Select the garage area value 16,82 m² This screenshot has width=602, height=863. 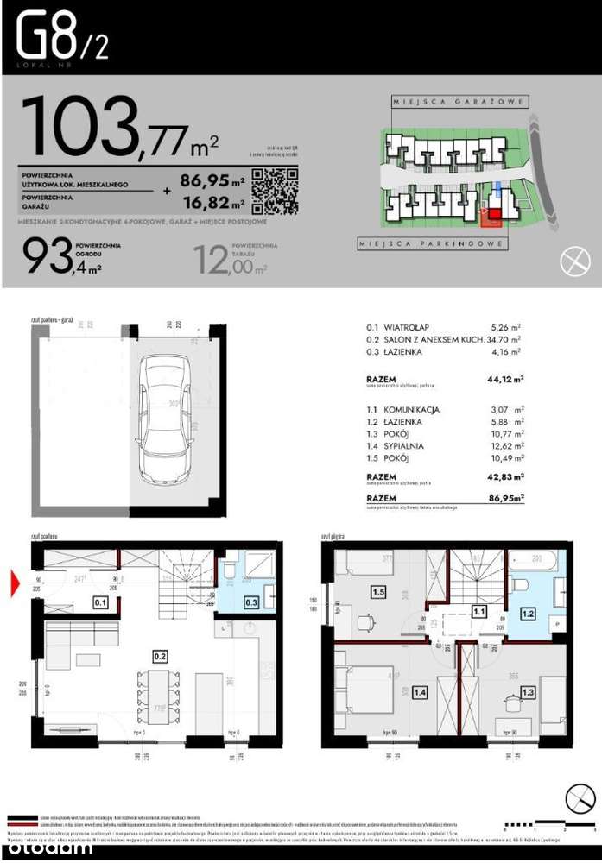212,204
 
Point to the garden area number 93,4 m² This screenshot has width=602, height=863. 55,256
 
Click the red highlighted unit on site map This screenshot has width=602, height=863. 491,217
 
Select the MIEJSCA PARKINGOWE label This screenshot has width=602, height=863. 432,245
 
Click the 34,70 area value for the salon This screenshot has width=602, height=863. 504,340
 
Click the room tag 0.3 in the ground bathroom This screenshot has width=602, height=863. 252,602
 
